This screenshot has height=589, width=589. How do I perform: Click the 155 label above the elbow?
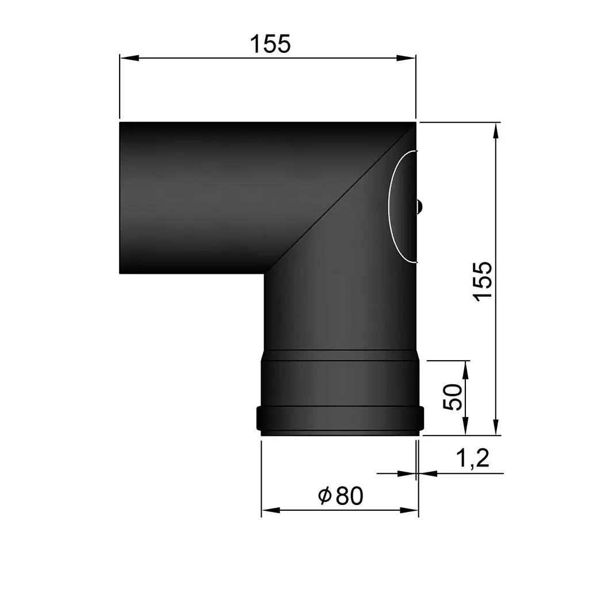coord(270,44)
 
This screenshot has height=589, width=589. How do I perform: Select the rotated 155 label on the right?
coord(482,280)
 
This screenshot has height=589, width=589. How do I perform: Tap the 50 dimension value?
coord(454,397)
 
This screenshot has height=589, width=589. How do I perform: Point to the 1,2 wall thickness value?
coord(472,459)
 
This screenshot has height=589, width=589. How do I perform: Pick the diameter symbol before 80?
coord(324,496)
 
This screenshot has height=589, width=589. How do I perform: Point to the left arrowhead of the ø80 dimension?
coord(270,510)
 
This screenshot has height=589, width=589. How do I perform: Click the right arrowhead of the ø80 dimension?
coord(410,510)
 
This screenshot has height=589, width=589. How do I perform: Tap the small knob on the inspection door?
coord(420,205)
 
